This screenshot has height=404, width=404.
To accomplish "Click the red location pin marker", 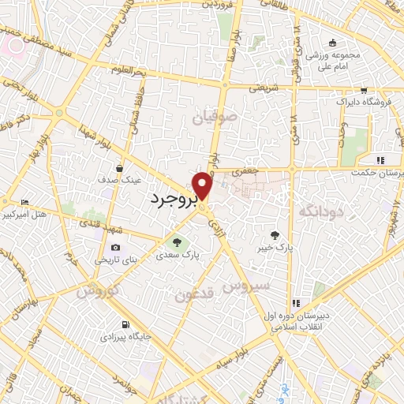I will click(203, 185).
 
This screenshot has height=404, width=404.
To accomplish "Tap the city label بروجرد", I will click(173, 200).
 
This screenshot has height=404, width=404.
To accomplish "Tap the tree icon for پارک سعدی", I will click(177, 241).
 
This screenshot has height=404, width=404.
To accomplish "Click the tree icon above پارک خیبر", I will click(275, 234).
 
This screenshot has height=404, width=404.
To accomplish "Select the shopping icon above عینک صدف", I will click(119, 167).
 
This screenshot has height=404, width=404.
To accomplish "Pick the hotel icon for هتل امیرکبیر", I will click(24, 202).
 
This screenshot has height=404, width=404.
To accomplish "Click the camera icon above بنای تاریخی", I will click(116, 248).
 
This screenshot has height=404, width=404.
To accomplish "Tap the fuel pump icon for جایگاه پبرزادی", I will click(125, 324).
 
